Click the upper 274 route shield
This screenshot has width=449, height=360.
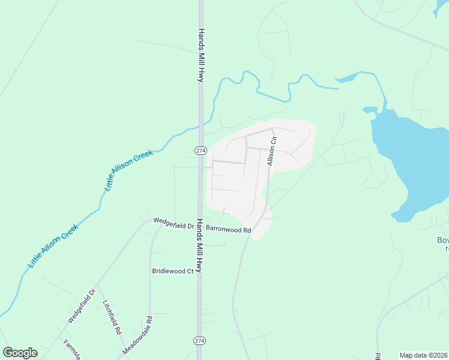[200, 149]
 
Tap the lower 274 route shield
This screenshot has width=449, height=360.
[200, 340]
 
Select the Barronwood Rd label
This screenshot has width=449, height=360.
[228, 229]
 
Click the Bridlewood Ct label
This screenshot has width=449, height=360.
[173, 271]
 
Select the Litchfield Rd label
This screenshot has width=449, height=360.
[112, 317]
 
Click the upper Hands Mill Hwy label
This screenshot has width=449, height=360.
[202, 55]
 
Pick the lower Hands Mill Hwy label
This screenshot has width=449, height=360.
[202, 242]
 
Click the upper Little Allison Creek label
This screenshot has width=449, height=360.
[129, 170]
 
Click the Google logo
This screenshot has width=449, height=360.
[20, 353]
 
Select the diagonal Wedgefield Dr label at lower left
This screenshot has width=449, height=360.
[82, 306]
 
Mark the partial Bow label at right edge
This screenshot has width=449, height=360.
[442, 241]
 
